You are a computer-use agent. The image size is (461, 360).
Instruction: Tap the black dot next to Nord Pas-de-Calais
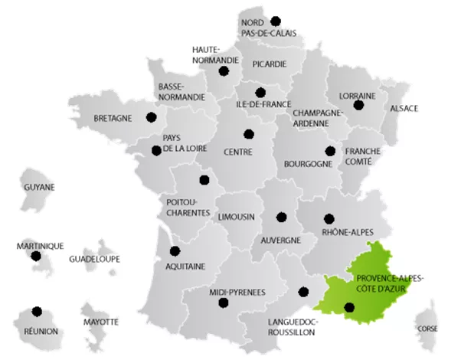276,21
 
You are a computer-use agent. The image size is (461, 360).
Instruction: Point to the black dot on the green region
350,308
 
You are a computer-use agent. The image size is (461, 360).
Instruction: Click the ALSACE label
404,108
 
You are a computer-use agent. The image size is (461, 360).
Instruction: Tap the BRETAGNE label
113,118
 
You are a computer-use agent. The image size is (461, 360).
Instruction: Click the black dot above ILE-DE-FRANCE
260,92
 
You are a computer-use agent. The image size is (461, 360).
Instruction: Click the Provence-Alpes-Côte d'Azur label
387,281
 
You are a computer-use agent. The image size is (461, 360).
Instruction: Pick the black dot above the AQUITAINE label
175,250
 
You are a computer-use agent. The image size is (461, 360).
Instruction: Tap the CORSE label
428,329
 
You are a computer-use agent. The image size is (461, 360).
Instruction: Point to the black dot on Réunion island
36,312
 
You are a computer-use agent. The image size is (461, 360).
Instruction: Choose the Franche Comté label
363,156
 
